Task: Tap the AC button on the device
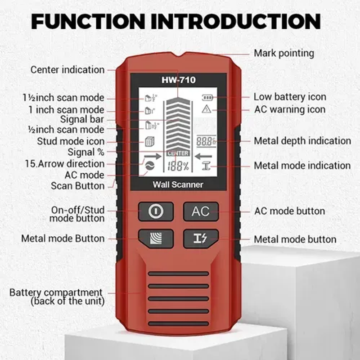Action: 201,211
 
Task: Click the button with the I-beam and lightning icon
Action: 201,239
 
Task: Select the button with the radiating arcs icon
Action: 156,239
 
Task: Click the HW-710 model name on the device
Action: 179,80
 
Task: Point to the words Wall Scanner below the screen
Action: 178,184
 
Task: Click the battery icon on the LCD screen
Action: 207,98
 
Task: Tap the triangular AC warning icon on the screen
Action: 207,109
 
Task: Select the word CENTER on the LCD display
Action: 178,153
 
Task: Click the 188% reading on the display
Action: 178,166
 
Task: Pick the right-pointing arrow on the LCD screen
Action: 153,157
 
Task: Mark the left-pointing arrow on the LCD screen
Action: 203,157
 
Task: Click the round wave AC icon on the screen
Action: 150,166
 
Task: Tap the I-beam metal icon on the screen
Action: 207,166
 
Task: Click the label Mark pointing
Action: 284,54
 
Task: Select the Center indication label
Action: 67,70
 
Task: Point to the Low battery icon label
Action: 290,97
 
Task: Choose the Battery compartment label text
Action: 56,293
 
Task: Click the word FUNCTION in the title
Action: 88,21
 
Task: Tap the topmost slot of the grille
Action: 178,274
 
